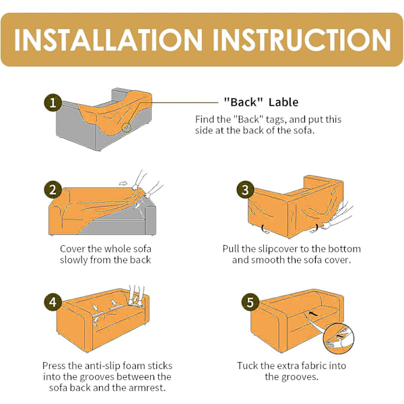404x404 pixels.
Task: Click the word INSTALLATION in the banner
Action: (x=108, y=40)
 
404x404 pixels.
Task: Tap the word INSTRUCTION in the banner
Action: (x=302, y=40)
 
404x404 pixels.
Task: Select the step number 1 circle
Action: (x=53, y=102)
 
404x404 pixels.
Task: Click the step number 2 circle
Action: (x=53, y=190)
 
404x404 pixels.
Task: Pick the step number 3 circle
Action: (x=245, y=190)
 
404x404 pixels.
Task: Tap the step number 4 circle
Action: (x=53, y=302)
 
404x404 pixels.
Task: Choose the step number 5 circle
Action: (x=250, y=302)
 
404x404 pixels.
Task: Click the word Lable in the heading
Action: (x=283, y=102)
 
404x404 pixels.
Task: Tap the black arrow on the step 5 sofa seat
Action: (x=313, y=314)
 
